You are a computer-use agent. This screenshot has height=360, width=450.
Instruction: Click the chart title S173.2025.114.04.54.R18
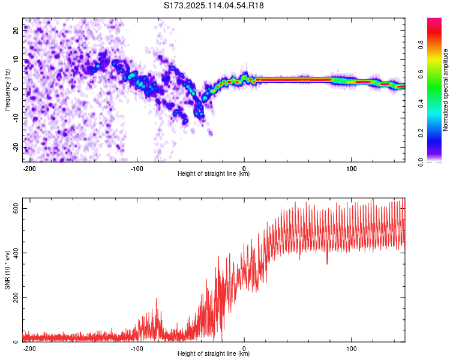tap(214, 5)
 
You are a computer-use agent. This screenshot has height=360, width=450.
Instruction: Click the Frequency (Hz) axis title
tap(7, 90)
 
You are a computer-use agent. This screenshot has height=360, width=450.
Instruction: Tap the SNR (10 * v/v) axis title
tap(7, 270)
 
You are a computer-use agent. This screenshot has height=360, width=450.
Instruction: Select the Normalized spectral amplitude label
tap(445, 90)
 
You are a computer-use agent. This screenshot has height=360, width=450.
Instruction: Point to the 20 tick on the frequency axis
tap(16, 31)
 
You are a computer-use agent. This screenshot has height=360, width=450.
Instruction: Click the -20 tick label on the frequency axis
tap(16, 147)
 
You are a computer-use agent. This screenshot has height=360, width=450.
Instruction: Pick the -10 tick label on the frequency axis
tap(16, 118)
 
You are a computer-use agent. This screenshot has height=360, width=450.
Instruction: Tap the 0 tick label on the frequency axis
tap(16, 89)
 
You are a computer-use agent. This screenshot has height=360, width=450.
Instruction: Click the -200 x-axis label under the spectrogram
tap(29, 169)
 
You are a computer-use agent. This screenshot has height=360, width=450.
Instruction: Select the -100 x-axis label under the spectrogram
tap(137, 169)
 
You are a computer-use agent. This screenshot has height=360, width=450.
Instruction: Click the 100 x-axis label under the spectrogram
tap(351, 169)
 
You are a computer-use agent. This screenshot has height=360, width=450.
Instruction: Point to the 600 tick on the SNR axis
tap(16, 208)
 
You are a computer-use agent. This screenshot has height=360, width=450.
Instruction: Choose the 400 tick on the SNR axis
tap(16, 253)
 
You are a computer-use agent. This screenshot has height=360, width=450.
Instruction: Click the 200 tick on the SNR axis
tap(16, 298)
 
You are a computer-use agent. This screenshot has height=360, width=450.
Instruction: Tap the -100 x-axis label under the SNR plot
tap(137, 349)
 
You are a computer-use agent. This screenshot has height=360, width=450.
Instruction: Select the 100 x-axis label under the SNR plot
tap(351, 349)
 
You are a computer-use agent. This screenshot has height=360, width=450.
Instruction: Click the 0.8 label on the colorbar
tap(421, 45)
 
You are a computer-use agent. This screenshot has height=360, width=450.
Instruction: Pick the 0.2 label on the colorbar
tap(421, 133)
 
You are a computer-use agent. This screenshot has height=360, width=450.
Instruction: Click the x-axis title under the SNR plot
tap(214, 353)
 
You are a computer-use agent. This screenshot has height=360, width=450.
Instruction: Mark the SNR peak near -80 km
tap(157, 299)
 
